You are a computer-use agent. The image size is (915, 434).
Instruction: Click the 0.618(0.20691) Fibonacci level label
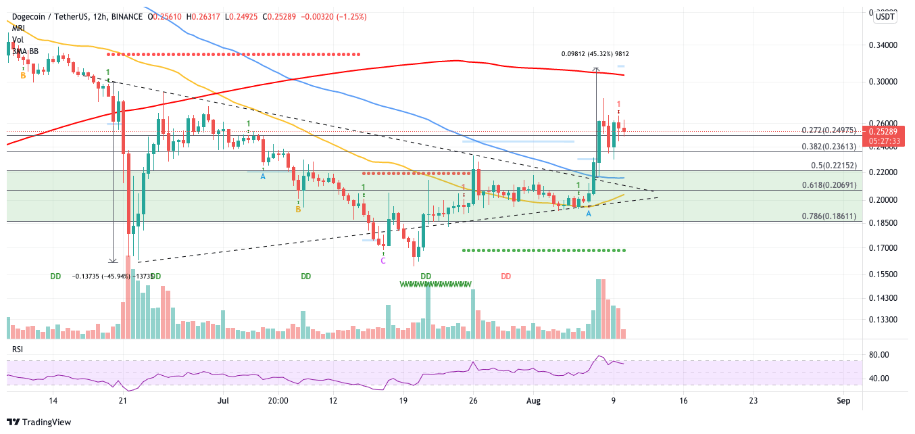828,185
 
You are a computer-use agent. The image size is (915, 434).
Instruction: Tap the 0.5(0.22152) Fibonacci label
833,165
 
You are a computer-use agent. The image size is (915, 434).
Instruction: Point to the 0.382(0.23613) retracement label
828,146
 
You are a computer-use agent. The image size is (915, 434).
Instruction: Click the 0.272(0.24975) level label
828,130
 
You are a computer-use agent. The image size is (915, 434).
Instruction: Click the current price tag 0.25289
885,131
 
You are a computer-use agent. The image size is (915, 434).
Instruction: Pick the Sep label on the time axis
842,400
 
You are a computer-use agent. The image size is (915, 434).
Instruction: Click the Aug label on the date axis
534,400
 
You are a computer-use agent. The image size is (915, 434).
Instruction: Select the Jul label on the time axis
222,400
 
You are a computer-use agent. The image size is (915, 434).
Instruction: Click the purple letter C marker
383,260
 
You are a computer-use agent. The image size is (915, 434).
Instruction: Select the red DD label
505,276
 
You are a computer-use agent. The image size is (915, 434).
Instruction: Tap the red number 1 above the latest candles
618,104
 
